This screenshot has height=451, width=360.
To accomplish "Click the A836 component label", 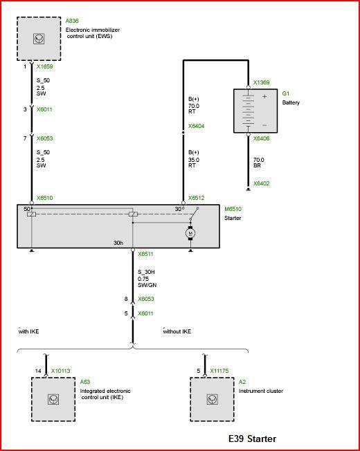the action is tap(72, 21).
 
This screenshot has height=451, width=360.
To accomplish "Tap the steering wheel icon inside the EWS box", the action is tap(39, 39).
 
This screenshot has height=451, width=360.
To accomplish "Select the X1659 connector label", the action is tap(44, 66).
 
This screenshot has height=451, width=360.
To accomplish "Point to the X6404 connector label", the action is tap(196, 126).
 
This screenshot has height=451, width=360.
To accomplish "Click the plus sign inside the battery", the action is tap(264, 96).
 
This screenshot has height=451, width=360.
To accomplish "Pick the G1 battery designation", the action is tap(286, 93).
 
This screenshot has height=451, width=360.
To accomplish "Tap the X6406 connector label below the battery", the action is tap(261, 138).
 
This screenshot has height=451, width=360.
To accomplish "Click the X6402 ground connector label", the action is tap(261, 183).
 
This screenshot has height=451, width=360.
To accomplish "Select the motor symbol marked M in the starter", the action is tap(190, 232).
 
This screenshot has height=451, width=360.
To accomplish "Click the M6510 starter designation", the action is tap(233, 209).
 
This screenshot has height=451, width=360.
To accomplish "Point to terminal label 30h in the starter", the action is tap(118, 243).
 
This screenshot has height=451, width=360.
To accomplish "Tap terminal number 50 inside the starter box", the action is tap(27, 209).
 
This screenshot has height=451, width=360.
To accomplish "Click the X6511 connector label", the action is tap(145, 254).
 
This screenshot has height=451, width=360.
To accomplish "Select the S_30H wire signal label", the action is tap(146, 272).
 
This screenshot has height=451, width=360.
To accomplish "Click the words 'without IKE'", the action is tap(177, 331).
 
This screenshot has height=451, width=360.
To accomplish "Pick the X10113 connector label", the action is tap(60, 371).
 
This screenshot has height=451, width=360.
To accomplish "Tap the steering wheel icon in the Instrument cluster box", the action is tap(212, 399).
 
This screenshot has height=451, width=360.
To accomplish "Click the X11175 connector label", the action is tap(219, 371).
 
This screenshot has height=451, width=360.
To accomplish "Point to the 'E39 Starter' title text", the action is tap(253, 439).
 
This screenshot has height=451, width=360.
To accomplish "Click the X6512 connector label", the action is tap(196, 198).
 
